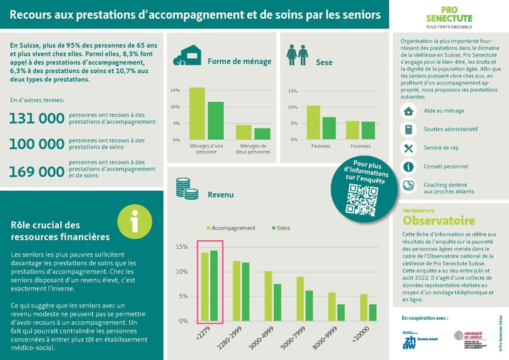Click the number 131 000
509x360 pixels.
pos(37,118)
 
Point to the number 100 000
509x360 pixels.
pos(37,144)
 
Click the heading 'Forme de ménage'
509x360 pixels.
pos(239,61)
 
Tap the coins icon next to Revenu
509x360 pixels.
pos(184,185)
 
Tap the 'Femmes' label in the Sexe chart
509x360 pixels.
pos(320,146)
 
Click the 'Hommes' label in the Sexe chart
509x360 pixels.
pos(361,146)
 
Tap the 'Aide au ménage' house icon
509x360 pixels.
pos(408,111)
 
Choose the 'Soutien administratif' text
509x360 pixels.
pos(450,130)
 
